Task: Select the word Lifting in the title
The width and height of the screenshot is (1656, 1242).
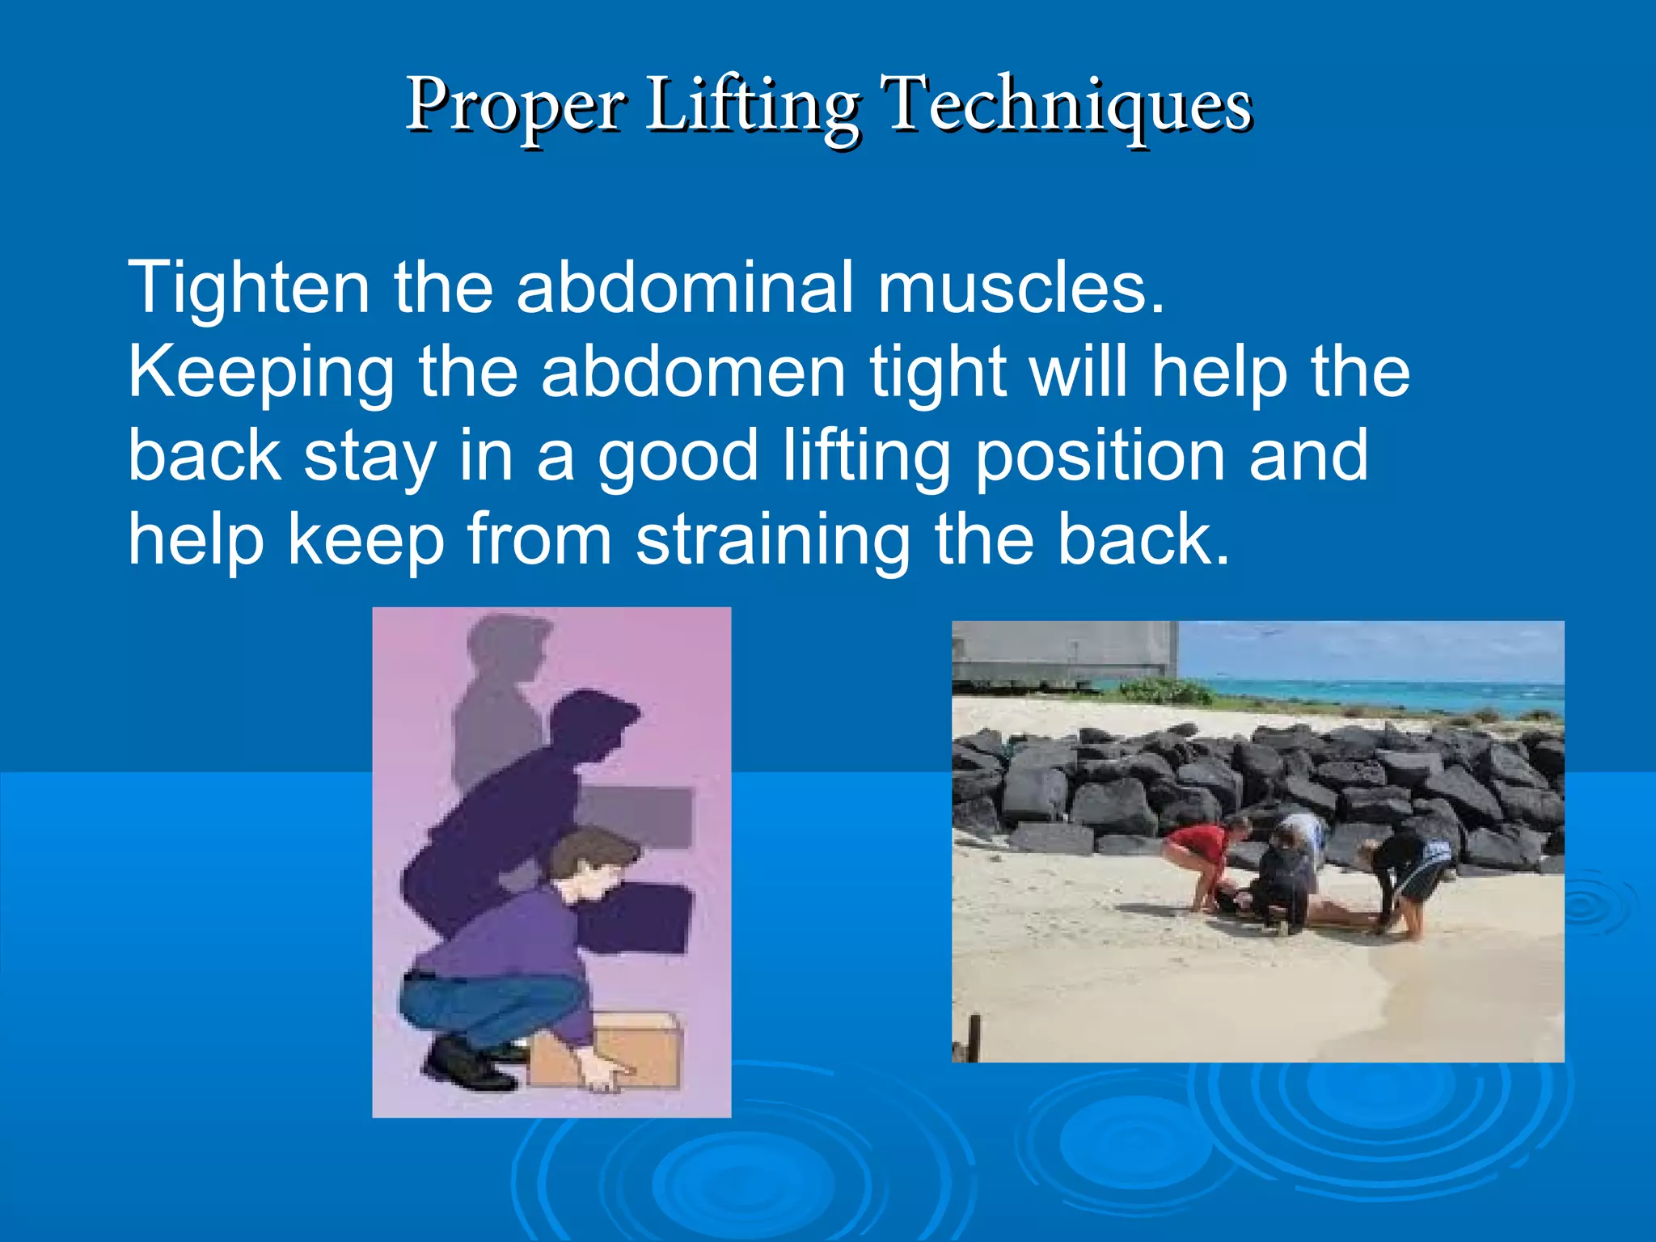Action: click(752, 105)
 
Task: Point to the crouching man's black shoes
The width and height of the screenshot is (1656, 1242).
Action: click(469, 1063)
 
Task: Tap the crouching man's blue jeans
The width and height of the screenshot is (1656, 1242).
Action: click(485, 1003)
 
